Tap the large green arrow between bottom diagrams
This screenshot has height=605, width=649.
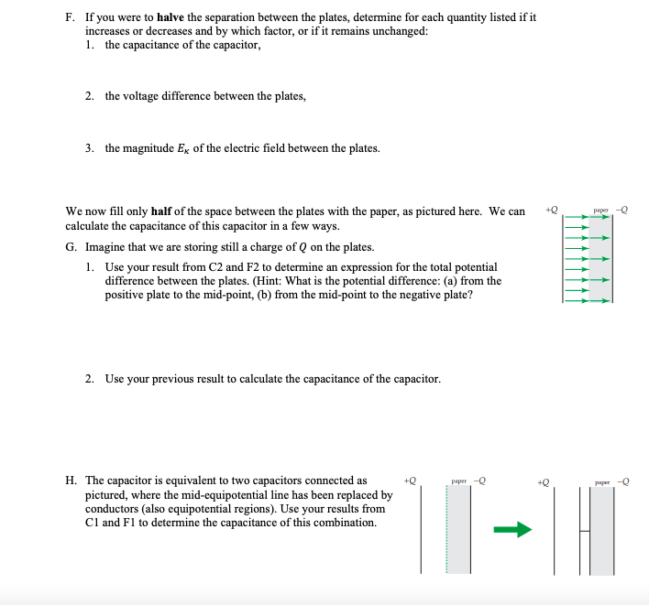(512, 529)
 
